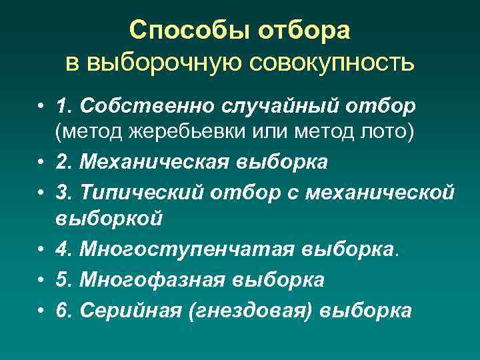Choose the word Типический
coord(141,192)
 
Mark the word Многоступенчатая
coord(187,249)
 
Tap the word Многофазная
coord(153,280)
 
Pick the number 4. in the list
coord(64,249)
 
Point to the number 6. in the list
coord(64,311)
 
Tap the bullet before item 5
coord(41,281)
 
